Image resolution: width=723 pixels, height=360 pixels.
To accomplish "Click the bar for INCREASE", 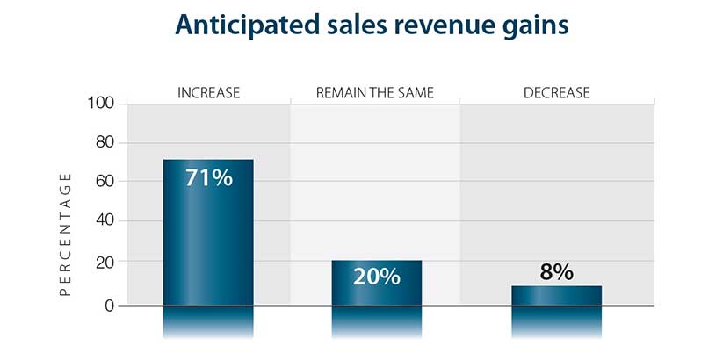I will coord(208,233).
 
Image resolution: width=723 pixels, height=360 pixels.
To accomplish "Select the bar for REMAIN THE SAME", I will coord(377,283).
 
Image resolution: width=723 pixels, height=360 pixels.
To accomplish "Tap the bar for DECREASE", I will coord(556,296).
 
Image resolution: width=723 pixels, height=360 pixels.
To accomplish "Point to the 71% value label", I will coord(208,177).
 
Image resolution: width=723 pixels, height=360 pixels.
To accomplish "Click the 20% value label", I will coord(377,277).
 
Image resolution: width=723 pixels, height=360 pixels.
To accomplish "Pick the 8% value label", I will coord(556,272).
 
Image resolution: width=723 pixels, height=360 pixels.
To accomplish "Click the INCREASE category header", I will coord(208,92).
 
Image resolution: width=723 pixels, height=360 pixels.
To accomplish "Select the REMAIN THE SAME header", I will coord(374,92).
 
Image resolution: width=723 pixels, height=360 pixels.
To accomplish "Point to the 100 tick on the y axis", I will coord(102,104).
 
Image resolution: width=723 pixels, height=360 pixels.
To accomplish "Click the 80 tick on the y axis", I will coord(105,142).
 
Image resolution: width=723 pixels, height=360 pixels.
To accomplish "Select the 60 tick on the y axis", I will coord(105,182).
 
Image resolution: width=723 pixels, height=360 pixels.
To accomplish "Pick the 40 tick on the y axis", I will coord(105,221).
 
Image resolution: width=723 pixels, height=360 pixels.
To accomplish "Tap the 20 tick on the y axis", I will coord(105,262).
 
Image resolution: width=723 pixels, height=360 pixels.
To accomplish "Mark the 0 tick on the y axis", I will coord(110,306).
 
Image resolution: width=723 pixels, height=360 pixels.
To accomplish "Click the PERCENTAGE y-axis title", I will coord(65,234).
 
